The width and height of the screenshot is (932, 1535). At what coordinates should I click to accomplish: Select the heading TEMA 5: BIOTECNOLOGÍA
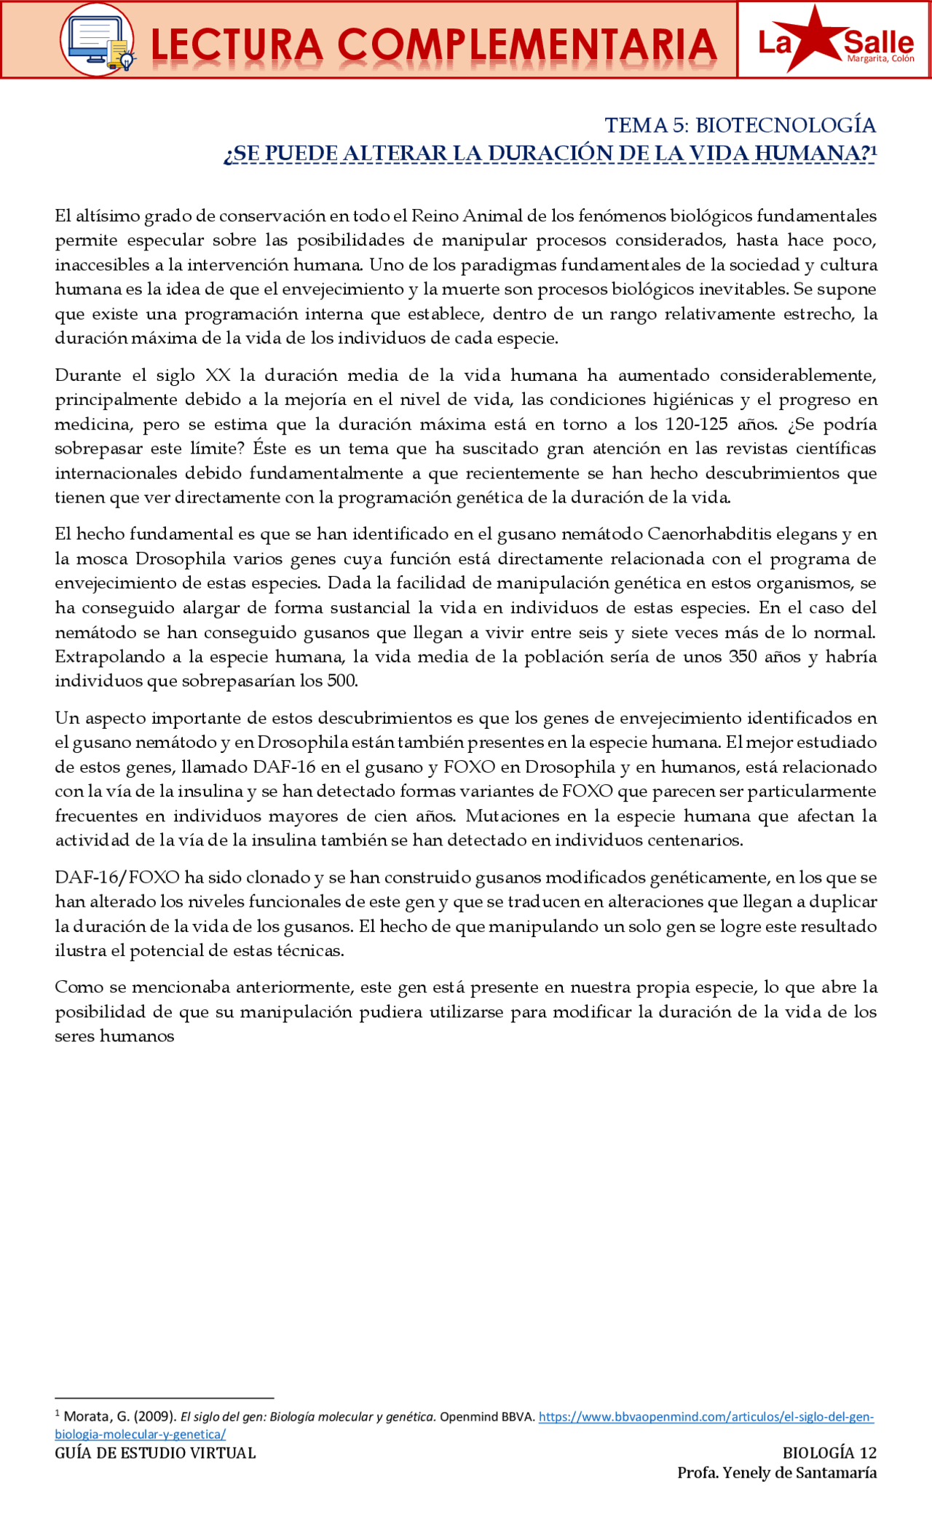[740, 125]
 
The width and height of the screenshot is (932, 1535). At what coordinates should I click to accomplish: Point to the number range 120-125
[696, 425]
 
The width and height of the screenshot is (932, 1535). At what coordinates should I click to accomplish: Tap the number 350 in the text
[743, 657]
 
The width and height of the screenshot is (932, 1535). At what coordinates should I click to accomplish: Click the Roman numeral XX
[218, 376]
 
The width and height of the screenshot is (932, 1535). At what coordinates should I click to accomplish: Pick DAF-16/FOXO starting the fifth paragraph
[117, 877]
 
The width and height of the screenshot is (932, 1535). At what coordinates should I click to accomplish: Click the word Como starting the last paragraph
[79, 987]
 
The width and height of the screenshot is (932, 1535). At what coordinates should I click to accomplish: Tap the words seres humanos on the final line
[114, 1036]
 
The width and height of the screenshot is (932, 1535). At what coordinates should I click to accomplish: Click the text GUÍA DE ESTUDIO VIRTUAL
[155, 1468]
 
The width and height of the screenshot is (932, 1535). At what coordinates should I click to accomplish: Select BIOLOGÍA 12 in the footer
[829, 1468]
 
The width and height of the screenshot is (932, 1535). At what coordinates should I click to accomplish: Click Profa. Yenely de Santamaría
[776, 1488]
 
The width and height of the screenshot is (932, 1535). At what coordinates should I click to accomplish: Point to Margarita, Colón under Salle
[880, 59]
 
